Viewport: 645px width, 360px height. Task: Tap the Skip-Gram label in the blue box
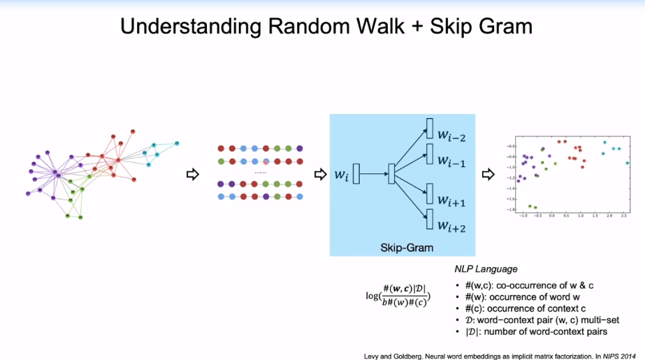pos(407,247)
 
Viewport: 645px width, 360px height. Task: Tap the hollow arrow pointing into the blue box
pos(320,174)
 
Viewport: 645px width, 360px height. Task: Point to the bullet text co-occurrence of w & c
pos(521,286)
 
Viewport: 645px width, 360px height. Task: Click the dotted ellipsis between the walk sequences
pos(260,172)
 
